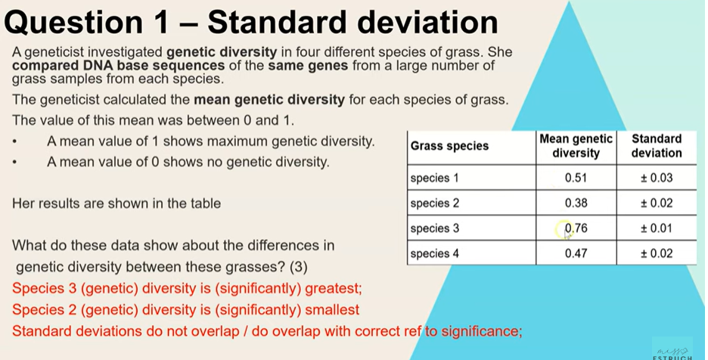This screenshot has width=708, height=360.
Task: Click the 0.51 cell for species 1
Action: coord(576,178)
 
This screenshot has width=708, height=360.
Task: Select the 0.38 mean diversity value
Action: coord(576,203)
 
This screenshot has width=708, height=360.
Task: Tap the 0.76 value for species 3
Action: coord(576,228)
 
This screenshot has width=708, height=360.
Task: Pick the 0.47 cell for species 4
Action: coord(576,253)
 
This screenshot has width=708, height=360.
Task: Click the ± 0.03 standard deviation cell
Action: coord(656,178)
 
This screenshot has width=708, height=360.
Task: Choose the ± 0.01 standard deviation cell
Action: coord(656,228)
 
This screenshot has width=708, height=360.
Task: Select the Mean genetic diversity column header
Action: coord(576,146)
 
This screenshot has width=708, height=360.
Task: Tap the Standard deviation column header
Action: coord(656,146)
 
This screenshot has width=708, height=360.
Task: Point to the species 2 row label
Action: coord(434,203)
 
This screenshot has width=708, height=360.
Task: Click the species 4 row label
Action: coord(434,254)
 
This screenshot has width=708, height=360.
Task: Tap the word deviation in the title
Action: coord(428,23)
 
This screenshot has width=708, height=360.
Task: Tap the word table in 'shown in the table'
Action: coord(205,203)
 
